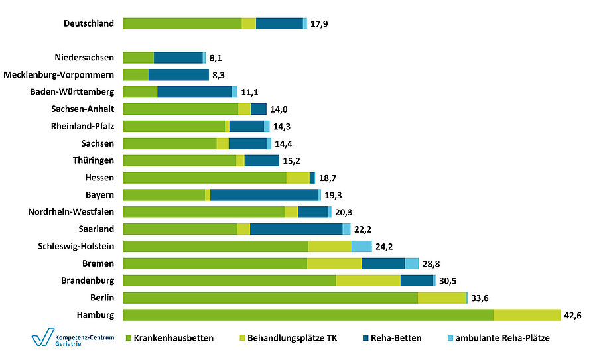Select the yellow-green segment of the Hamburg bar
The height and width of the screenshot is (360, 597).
(x=527, y=315)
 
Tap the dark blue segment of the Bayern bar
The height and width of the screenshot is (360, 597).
(x=264, y=194)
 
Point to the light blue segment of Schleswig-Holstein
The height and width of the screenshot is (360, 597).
(x=362, y=246)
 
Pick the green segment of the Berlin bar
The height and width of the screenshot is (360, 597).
(x=271, y=298)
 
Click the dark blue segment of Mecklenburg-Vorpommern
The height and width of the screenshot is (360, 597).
(x=178, y=75)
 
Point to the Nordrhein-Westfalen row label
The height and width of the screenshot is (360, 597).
(x=71, y=211)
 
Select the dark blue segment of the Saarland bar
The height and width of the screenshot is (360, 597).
(x=296, y=229)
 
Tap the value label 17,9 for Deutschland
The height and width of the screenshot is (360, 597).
(x=320, y=23)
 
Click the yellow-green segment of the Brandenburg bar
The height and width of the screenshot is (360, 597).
(x=368, y=280)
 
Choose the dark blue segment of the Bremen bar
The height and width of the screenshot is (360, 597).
(x=383, y=263)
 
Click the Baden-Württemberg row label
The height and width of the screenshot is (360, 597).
(x=77, y=92)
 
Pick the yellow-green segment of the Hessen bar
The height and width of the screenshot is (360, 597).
(x=298, y=177)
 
